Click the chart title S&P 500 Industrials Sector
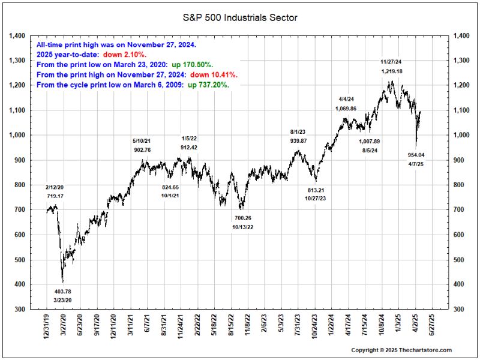[x=240, y=18]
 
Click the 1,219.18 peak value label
[x=391, y=71]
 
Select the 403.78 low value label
[x=62, y=292]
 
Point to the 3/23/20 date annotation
[x=62, y=299]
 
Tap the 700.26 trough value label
[x=244, y=218]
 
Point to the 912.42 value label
[x=191, y=147]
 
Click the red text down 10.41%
[x=214, y=75]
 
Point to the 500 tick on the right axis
[x=461, y=260]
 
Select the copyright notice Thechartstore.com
[x=401, y=350]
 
